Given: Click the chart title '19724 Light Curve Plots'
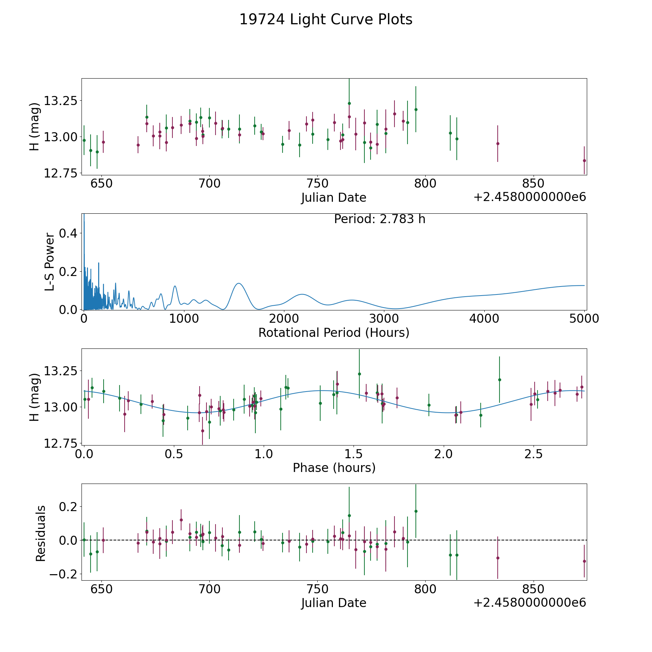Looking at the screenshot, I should coord(326,20).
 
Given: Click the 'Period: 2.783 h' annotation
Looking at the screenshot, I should coord(379,219).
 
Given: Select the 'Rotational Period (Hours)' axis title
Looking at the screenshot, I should coord(334,333).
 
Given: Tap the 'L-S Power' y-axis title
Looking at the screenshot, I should coord(50,262).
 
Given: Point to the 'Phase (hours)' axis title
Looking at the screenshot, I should coord(334,468).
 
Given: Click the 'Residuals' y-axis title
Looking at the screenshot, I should coord(41,533).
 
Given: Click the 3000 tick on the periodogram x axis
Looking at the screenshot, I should coord(384,318).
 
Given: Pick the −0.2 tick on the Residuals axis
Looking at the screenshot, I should coord(63,574).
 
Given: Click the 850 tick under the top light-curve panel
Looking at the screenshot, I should coord(533,184).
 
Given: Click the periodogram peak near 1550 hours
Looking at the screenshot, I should coord(238,283).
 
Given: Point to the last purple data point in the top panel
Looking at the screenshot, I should coord(584,160).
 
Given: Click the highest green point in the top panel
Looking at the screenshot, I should coord(349,103).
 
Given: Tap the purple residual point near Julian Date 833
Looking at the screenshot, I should coord(498,558).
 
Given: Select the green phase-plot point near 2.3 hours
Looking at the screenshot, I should coord(500,380).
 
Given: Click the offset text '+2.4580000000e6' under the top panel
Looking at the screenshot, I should coord(530,197).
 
